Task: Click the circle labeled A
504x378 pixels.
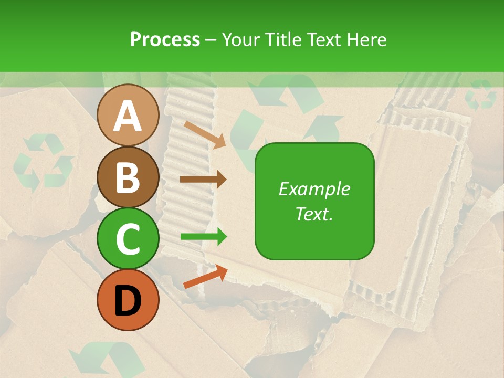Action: point(128,115)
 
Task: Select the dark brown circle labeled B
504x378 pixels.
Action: point(128,177)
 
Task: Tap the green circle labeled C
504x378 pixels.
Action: point(128,238)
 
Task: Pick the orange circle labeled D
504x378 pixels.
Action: point(128,300)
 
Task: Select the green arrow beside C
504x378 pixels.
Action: point(203,237)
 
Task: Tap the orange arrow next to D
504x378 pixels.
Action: point(205,277)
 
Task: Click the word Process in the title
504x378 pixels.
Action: point(165,39)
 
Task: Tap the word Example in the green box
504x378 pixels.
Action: point(314,189)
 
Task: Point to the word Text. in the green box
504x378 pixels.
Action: point(314,214)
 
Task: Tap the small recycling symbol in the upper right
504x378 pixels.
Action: point(481,95)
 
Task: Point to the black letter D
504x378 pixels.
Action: point(128,301)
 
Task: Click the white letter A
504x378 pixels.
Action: point(128,116)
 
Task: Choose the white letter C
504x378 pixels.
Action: point(128,239)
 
